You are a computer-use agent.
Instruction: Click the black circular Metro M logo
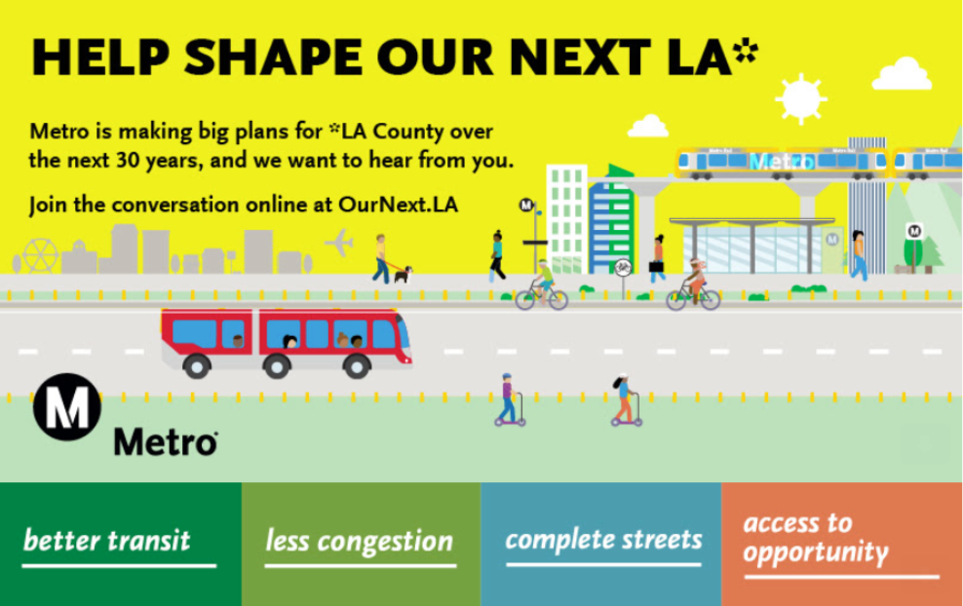67,406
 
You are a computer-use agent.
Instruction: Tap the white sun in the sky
801,98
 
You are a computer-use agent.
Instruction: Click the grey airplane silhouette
339,243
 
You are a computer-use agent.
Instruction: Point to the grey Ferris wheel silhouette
40,255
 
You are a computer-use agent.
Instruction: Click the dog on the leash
403,274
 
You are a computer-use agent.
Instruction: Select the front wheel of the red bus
356,366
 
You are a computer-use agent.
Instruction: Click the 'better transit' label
107,541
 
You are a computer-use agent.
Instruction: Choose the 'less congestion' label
360,542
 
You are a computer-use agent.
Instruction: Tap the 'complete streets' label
603,540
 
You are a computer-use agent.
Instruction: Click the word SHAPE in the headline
273,57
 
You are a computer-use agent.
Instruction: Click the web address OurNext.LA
398,205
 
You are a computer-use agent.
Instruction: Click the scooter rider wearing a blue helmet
509,399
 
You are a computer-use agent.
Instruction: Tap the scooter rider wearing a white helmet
626,399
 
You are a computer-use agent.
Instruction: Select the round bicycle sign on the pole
623,267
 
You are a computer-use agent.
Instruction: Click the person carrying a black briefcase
657,258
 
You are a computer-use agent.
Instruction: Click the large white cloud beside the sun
902,74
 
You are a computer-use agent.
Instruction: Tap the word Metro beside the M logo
165,441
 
